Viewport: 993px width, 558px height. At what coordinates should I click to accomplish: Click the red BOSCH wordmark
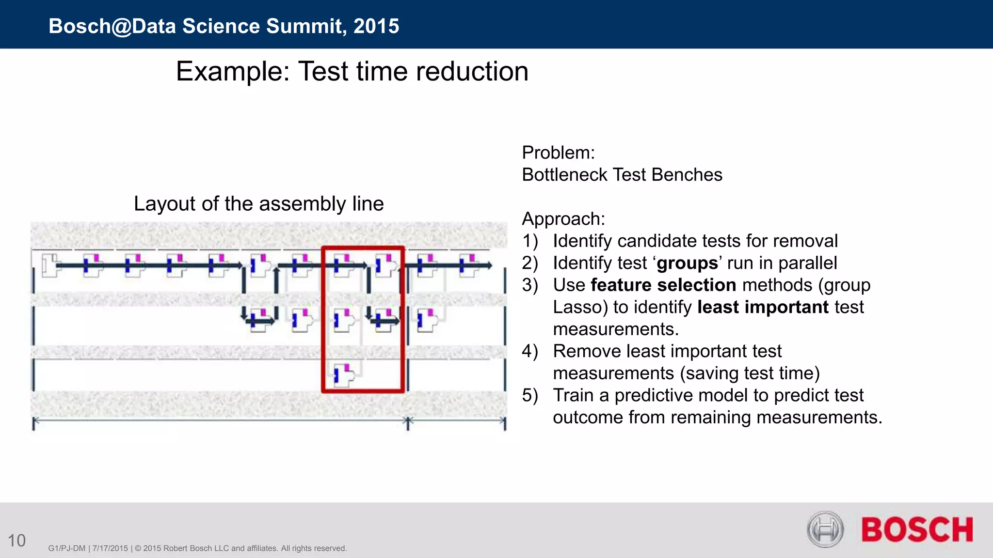pos(917,529)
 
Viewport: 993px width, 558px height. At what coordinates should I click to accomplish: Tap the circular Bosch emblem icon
pos(825,529)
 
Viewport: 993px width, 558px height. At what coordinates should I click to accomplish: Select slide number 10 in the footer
pos(16,541)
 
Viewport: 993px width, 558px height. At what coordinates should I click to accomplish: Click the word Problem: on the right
pos(558,153)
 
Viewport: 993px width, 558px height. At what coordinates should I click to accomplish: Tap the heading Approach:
pos(563,219)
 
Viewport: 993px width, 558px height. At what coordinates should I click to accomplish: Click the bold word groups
pos(687,263)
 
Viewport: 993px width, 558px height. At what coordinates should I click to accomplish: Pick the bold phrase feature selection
pos(663,285)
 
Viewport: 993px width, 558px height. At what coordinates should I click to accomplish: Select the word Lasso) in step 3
pos(580,307)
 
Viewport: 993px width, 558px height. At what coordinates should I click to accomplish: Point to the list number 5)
pos(530,395)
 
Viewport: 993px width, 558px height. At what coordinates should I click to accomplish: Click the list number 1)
pos(530,241)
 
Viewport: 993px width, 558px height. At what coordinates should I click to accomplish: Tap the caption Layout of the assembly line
pos(258,204)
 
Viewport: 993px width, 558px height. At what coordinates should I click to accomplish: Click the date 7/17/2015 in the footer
pos(110,548)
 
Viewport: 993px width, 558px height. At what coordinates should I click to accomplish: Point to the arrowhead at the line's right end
pos(490,265)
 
